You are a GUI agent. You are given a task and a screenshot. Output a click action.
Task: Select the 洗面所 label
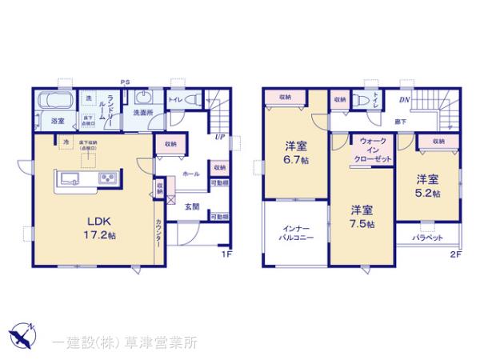pos(144,113)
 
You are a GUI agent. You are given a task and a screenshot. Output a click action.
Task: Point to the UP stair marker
pos(218,137)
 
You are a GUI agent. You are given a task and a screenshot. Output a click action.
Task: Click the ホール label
pos(190,173)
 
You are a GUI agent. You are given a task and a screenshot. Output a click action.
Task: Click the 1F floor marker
pos(226,255)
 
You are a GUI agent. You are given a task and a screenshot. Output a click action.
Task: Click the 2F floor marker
pos(455,255)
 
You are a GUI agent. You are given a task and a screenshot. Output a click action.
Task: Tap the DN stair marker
pos(405,100)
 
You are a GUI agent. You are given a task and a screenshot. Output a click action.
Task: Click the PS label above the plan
pos(124,82)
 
